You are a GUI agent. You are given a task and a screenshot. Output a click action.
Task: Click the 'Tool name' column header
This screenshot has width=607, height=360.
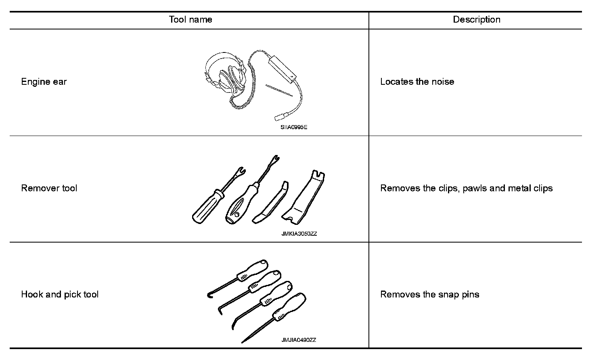tap(190, 19)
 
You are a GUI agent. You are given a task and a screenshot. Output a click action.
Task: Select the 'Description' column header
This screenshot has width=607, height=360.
tap(476, 19)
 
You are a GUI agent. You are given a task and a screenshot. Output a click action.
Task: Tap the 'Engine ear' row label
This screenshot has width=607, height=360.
tap(44, 82)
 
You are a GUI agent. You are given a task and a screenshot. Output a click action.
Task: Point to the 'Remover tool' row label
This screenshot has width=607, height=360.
tap(49, 188)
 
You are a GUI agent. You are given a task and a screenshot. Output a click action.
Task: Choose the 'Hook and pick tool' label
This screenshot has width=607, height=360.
tap(60, 294)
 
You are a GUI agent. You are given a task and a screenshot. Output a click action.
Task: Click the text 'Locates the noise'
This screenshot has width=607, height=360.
tap(417, 82)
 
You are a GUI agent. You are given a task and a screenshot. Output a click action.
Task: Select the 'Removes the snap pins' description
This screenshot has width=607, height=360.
tap(429, 294)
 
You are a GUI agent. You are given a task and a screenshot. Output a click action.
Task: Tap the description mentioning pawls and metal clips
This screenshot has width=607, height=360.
tap(466, 188)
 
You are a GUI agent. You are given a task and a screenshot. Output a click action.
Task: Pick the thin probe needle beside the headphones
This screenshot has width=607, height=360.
tap(279, 90)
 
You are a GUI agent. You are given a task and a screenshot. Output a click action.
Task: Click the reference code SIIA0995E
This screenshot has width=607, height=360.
tap(294, 127)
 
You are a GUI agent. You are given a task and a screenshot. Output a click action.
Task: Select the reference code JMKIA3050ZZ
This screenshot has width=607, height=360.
tap(299, 234)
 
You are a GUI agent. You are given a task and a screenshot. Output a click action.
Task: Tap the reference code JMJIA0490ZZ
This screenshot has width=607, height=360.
tap(299, 340)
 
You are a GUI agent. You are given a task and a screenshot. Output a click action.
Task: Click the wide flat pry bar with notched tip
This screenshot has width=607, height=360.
tap(305, 198)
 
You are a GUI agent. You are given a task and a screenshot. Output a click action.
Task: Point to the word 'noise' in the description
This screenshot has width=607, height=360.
tap(443, 82)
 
